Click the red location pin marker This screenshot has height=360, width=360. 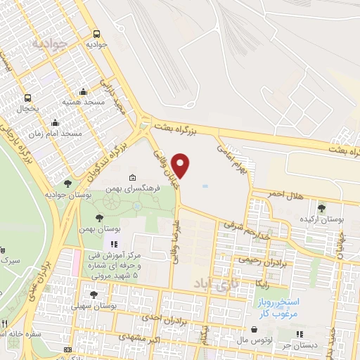[181, 165]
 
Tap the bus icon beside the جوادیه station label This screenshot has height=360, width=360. [96, 34]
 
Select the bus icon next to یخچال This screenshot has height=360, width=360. [28, 98]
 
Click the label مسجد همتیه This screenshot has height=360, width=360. [83, 102]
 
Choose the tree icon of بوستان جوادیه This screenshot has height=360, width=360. [67, 184]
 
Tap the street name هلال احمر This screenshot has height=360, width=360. [286, 195]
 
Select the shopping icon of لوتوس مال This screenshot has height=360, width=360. [254, 330]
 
